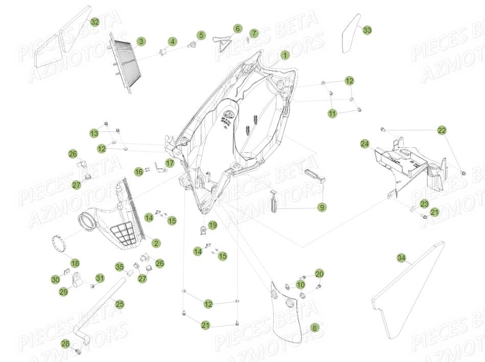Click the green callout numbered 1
[285, 55]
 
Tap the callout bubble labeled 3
[141, 41]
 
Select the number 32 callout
[95, 22]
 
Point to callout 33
[367, 30]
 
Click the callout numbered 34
[401, 259]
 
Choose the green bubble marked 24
[364, 144]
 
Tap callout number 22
[442, 130]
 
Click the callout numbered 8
[314, 328]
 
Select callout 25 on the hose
[119, 304]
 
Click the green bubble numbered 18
[75, 263]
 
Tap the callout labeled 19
[213, 224]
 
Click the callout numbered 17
[170, 163]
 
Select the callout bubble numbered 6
[237, 29]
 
